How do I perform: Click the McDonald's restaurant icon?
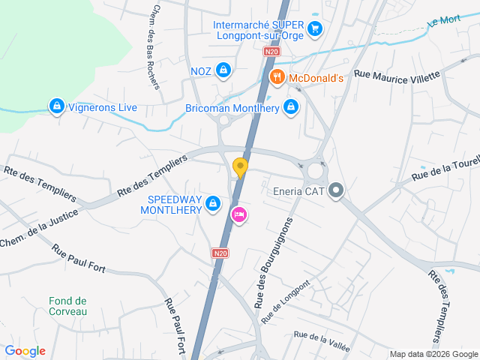(x=277, y=77)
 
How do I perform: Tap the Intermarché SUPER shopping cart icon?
(x=315, y=30)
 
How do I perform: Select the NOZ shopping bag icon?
(x=223, y=70)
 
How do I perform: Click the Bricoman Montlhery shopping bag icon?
(x=291, y=108)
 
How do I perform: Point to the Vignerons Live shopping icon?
(x=56, y=107)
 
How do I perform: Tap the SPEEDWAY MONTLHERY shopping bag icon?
(x=214, y=203)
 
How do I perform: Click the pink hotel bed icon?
(x=239, y=214)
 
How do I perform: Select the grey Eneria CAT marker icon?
(x=335, y=191)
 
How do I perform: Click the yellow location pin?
(x=240, y=167)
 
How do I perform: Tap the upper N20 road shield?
(x=271, y=52)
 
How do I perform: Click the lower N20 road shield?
(x=220, y=254)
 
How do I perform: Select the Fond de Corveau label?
(x=68, y=306)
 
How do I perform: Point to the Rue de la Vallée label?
(x=322, y=341)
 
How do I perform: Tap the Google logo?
(x=25, y=351)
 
